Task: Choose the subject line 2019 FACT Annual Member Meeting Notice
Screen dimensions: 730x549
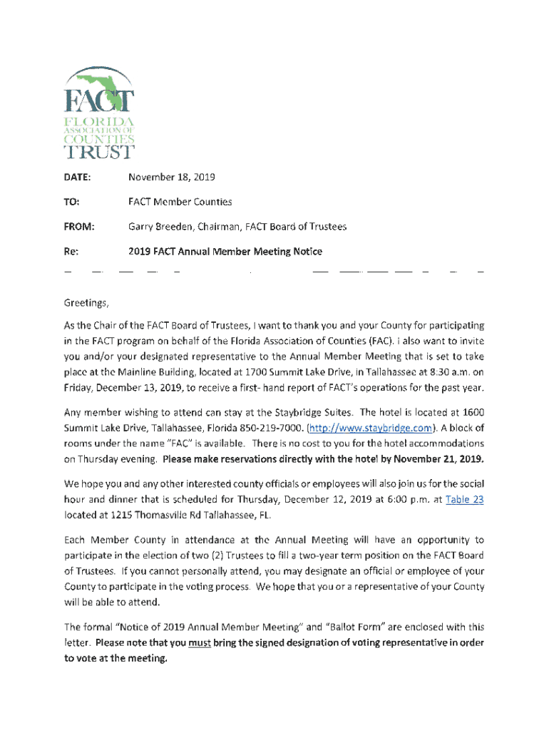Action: (x=225, y=252)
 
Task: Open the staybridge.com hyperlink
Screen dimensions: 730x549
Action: (x=370, y=428)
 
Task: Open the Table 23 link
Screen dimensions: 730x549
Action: (x=464, y=500)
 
